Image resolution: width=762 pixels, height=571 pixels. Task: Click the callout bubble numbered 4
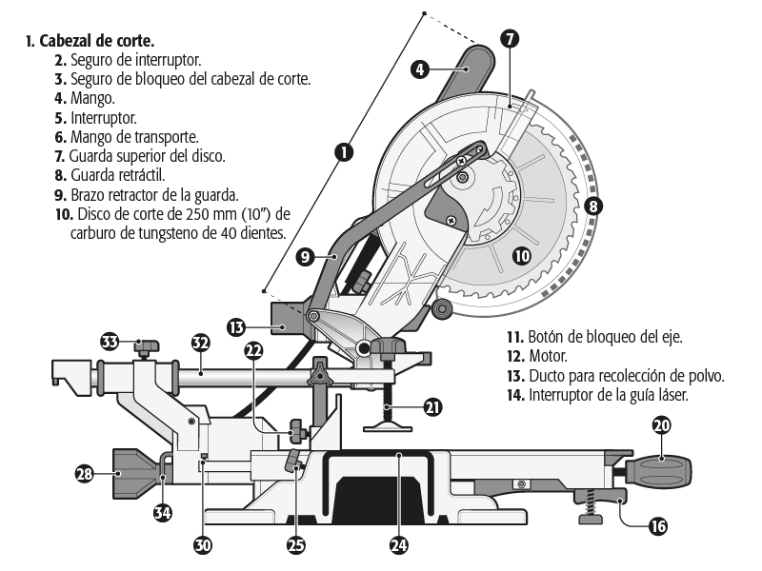click(420, 69)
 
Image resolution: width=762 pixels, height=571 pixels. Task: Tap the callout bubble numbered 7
click(510, 39)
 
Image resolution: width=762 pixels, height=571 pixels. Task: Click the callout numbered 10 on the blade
click(519, 254)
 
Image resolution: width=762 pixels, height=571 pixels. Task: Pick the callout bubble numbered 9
click(305, 256)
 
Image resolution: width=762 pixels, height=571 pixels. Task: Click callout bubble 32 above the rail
click(200, 343)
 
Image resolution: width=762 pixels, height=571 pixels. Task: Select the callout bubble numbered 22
click(253, 350)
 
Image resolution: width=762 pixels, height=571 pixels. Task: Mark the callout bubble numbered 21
click(433, 406)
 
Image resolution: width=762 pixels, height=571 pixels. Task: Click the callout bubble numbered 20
click(661, 425)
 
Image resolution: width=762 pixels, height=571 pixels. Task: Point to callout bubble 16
click(657, 524)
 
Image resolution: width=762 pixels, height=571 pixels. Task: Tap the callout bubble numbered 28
click(85, 472)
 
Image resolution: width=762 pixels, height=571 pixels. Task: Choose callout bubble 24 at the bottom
click(398, 544)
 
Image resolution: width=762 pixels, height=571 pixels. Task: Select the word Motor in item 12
click(548, 357)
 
